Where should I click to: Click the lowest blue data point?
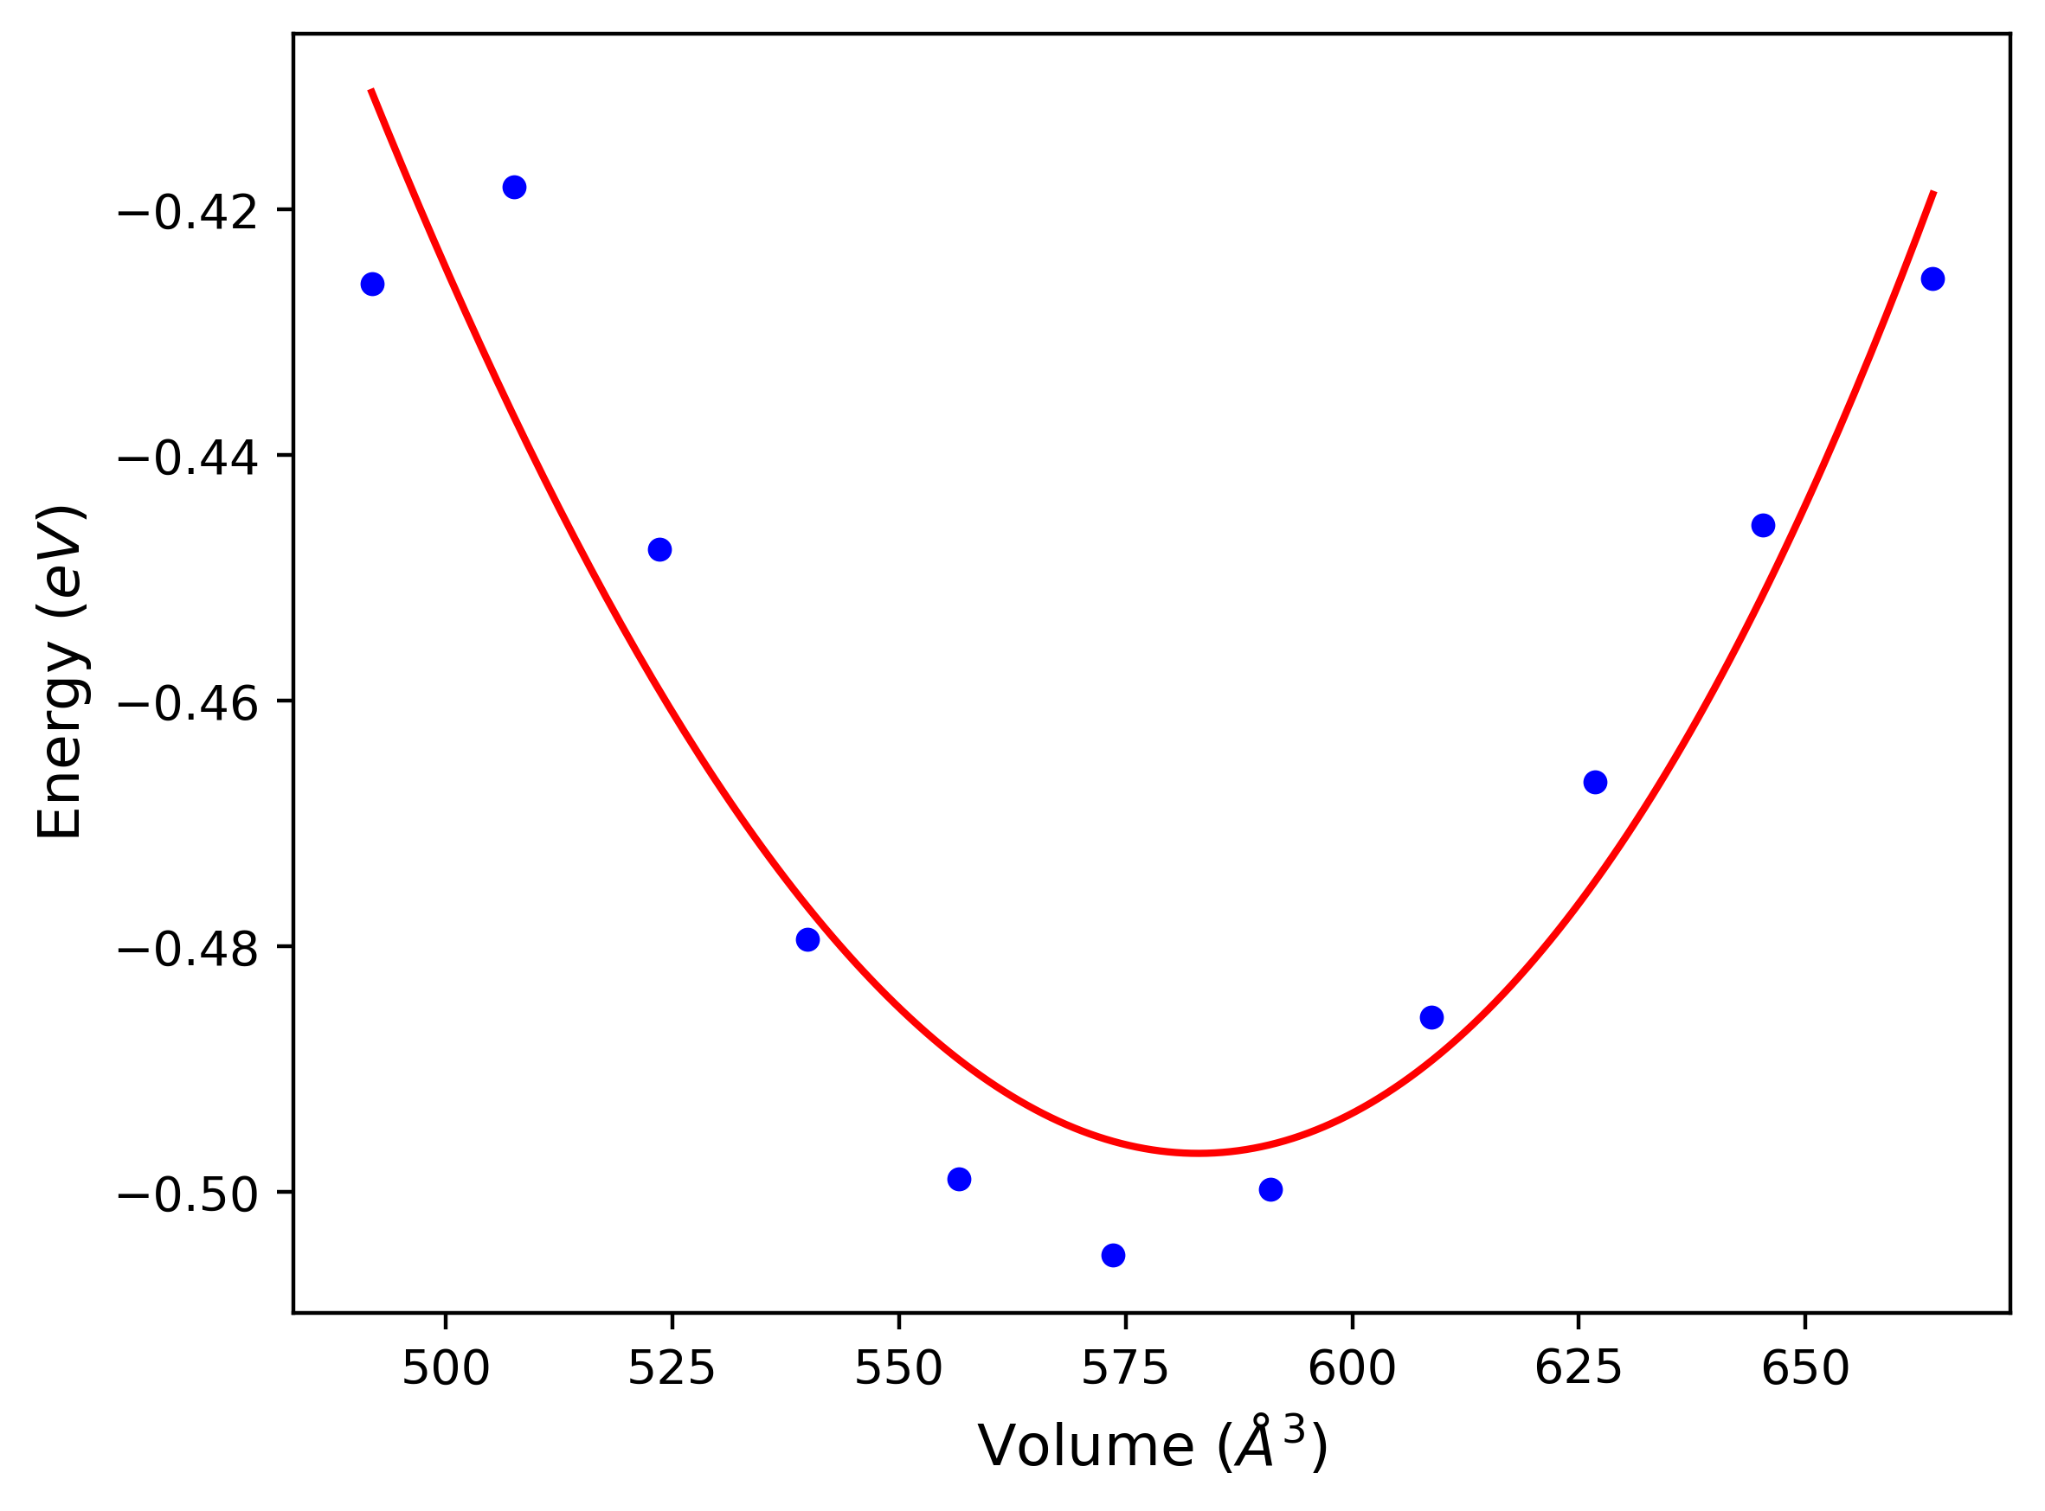(x=1113, y=1255)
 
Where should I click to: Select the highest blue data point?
(x=514, y=188)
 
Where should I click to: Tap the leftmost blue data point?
(x=372, y=285)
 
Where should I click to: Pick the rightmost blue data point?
(x=1932, y=279)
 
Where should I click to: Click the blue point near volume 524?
(x=659, y=550)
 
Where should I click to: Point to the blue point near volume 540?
(x=808, y=939)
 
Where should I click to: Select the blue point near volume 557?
(x=959, y=1179)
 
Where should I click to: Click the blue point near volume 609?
(x=1432, y=1018)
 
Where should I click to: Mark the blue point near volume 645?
(x=1763, y=525)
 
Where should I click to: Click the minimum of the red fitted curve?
(x=1199, y=1154)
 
